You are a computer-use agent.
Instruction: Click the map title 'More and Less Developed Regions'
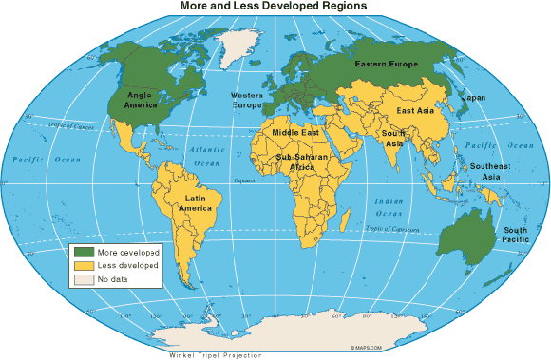point(275,7)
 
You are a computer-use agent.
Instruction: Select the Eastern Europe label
point(385,65)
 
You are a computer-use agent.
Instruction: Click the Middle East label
point(295,133)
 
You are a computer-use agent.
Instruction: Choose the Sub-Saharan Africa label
point(302,161)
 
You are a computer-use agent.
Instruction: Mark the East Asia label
point(416,111)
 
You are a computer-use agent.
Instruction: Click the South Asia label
point(393,139)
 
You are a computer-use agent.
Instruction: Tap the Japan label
point(473,97)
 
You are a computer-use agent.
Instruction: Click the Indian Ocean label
point(389,207)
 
